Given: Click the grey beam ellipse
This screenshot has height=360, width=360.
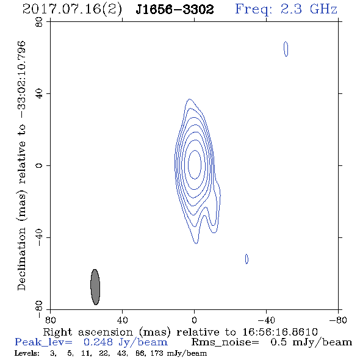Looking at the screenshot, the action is point(95,287).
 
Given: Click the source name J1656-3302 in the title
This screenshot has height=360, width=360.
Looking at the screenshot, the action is point(175,10).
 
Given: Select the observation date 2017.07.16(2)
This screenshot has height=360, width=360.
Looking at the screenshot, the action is point(72,10).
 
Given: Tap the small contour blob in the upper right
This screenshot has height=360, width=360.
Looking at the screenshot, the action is point(286,49).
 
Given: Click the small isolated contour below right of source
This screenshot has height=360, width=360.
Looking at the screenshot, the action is point(247,259).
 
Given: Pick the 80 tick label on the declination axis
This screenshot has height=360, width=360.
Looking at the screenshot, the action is point(39,22).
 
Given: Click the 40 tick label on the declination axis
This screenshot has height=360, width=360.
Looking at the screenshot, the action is point(39,94).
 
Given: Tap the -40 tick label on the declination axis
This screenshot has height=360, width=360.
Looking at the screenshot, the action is point(39,237).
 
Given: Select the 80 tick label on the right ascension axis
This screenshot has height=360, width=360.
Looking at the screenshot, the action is point(50,320).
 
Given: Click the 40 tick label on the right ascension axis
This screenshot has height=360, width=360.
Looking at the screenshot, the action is point(122,320).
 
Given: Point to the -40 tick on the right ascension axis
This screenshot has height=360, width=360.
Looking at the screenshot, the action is point(266,320).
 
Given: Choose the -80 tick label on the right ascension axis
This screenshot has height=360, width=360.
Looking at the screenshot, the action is point(338,320).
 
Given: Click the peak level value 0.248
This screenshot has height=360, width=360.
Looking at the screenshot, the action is point(98,342).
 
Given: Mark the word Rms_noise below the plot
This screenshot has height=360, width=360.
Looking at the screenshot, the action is point(225,342).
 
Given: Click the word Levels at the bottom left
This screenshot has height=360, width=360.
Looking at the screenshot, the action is point(27,353).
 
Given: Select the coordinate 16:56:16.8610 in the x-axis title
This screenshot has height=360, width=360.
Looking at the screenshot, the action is point(280,332).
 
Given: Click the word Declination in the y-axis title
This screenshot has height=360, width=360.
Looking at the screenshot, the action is point(21,259).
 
